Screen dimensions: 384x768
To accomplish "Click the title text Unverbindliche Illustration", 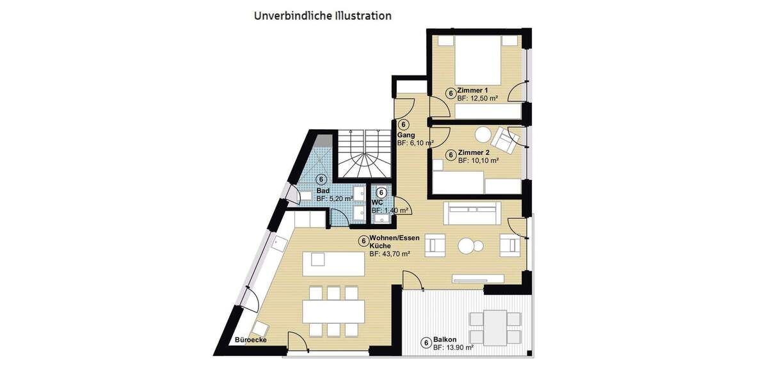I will point(323,15).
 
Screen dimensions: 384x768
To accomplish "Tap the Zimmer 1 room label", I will point(472,91).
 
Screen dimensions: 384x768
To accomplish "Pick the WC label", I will point(376,202).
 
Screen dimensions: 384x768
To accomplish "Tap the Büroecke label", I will point(251,340).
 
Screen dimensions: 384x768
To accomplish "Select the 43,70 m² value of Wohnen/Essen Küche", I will point(389,254).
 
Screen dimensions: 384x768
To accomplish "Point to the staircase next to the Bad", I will point(363,154).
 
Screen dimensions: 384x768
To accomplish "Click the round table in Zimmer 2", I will point(482,135).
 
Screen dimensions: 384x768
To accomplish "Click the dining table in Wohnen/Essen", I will point(334,311).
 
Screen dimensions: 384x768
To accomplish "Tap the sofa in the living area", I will point(474,212).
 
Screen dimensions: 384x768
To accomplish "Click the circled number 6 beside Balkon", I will point(426,343).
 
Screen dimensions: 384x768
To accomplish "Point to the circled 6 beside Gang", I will point(404,125).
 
